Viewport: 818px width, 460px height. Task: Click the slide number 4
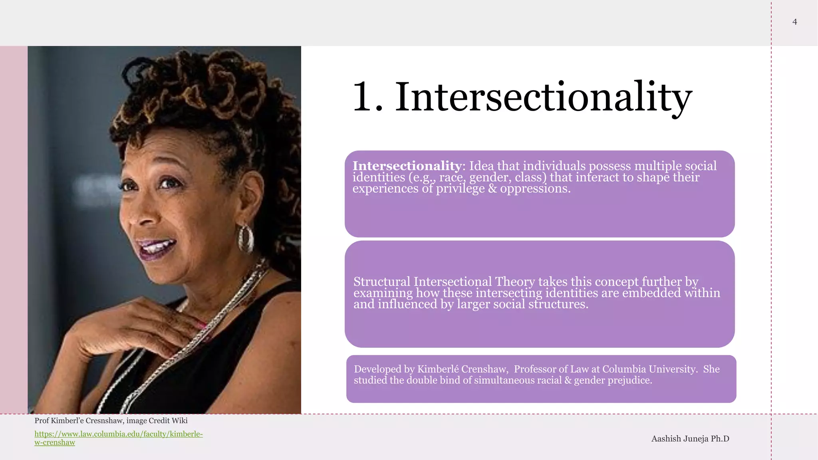[x=794, y=22]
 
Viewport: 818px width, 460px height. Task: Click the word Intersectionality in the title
[x=543, y=97]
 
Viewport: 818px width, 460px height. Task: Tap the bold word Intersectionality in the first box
[x=407, y=166]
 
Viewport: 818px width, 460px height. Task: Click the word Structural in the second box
[x=381, y=282]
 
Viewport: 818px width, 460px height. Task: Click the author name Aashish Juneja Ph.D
[x=690, y=439]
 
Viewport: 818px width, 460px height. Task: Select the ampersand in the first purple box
[x=492, y=188]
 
